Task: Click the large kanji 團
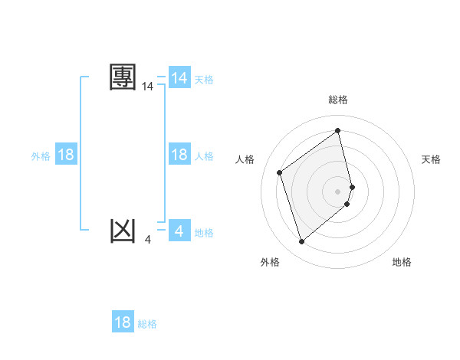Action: [x=123, y=77]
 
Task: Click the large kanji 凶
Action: [x=123, y=230]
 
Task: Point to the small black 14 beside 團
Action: [x=148, y=87]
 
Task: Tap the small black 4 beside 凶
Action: [x=147, y=240]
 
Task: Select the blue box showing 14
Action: [x=179, y=77]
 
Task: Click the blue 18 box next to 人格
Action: [x=179, y=155]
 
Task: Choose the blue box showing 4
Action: [x=179, y=230]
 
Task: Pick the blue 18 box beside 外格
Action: [x=66, y=155]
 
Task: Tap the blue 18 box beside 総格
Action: [x=123, y=322]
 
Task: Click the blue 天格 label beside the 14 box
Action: [x=204, y=79]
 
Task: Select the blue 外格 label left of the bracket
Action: [x=41, y=156]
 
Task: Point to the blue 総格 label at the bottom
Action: [x=147, y=324]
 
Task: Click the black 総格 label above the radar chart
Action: [x=338, y=100]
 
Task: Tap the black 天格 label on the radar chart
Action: [x=432, y=159]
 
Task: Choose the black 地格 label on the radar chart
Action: [x=402, y=262]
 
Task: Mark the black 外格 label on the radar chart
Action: [x=270, y=262]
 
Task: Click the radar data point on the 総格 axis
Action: [x=338, y=130]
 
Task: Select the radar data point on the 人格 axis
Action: [x=280, y=172]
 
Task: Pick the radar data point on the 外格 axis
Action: [x=302, y=242]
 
